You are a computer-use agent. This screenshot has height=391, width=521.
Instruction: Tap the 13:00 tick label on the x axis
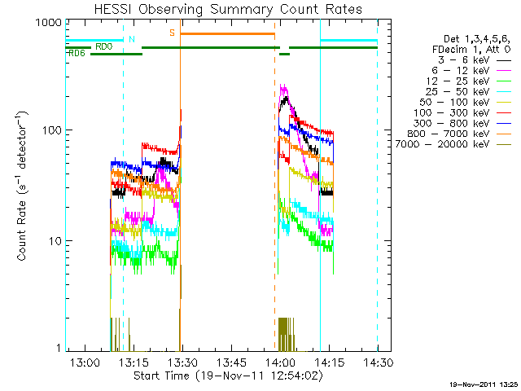pyautogui.click(x=85, y=362)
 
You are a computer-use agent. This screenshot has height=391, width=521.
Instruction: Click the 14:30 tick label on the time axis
pyautogui.click(x=378, y=362)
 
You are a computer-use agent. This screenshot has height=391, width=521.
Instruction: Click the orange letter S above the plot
pyautogui.click(x=172, y=33)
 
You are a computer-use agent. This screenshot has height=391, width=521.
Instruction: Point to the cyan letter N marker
pyautogui.click(x=132, y=38)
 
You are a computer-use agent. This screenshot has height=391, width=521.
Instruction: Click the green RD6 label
pyautogui.click(x=77, y=54)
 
